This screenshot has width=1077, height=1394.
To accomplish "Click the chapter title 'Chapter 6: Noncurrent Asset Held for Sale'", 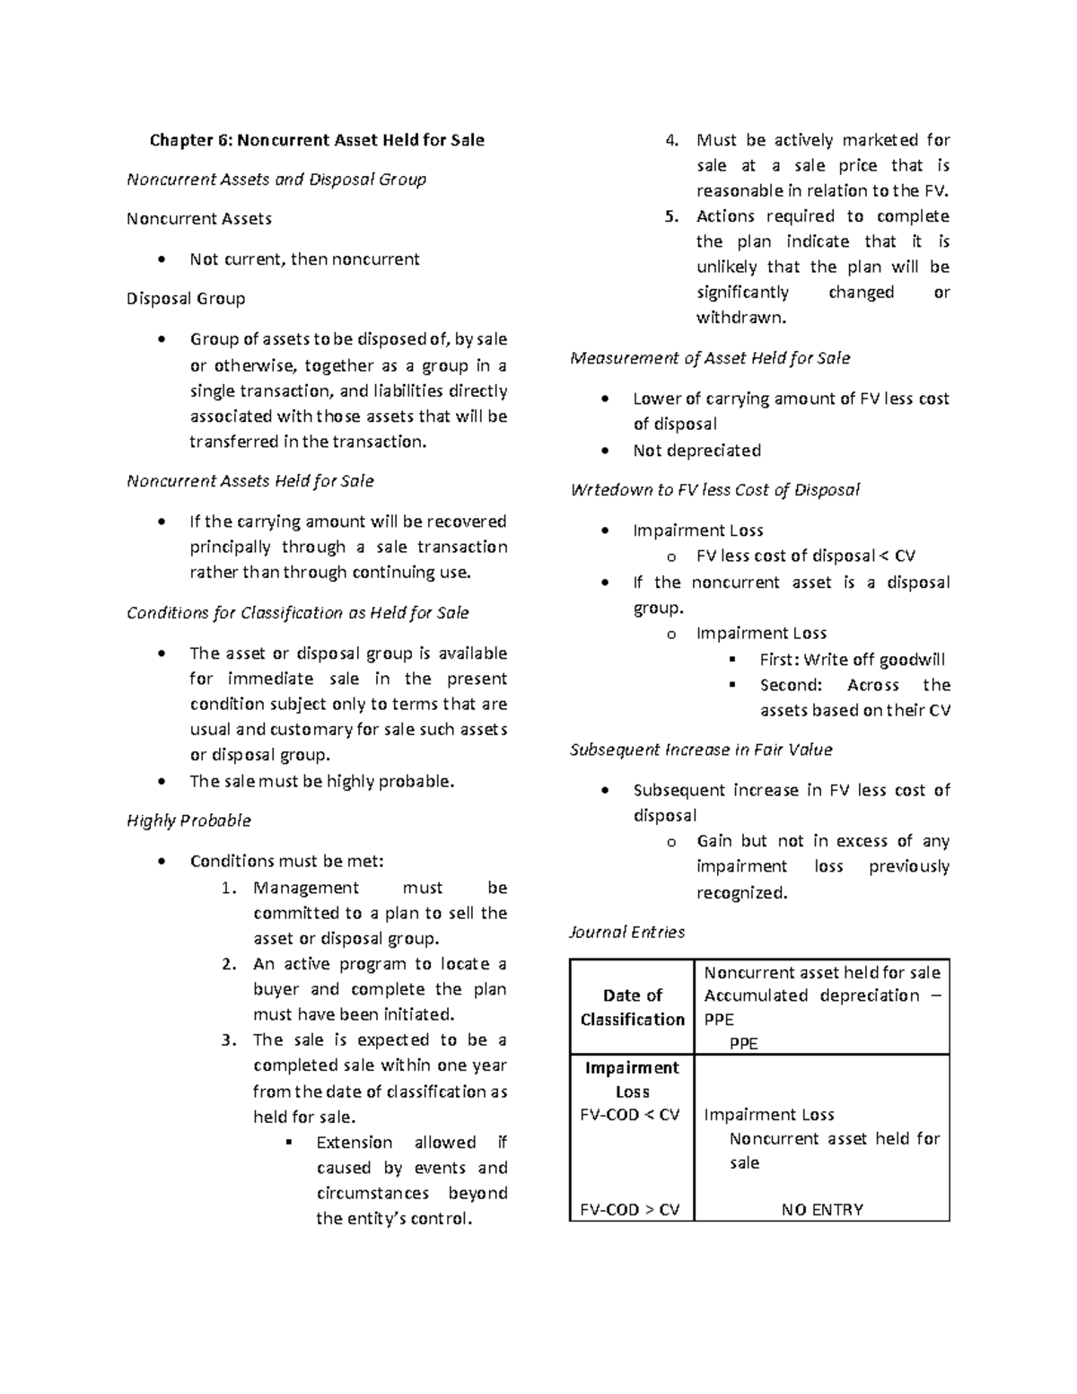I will point(317,140).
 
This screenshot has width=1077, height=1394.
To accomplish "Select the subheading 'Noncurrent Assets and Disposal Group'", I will point(276,180).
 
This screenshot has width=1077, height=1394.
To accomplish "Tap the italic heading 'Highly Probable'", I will point(188,820).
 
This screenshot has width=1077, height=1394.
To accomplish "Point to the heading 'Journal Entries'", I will point(627,932).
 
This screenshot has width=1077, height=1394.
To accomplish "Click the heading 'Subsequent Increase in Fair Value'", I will point(701,750).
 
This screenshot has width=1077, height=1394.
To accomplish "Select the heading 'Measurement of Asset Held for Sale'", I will point(710,358).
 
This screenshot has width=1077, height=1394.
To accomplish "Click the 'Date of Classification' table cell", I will point(632,1007).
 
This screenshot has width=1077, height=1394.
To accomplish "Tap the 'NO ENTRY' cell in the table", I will point(822,1209).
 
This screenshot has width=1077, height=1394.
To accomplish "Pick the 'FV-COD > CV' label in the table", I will point(630,1209).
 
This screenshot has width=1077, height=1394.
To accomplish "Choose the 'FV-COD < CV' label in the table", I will point(630,1115).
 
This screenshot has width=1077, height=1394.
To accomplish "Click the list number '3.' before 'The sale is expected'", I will point(229,1040).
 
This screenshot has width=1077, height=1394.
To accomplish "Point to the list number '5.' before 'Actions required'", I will point(672,216).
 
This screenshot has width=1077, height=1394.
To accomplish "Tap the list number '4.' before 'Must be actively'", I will point(672,140).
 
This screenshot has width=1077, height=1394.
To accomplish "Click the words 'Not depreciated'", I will point(696,451).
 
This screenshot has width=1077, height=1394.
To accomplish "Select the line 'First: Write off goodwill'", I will point(852,660).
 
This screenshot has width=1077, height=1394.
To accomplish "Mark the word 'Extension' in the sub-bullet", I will point(355,1143).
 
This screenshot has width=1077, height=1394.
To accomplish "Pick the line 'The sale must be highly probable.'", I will point(322,781).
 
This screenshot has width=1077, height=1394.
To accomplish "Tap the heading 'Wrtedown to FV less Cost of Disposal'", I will point(714,490).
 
